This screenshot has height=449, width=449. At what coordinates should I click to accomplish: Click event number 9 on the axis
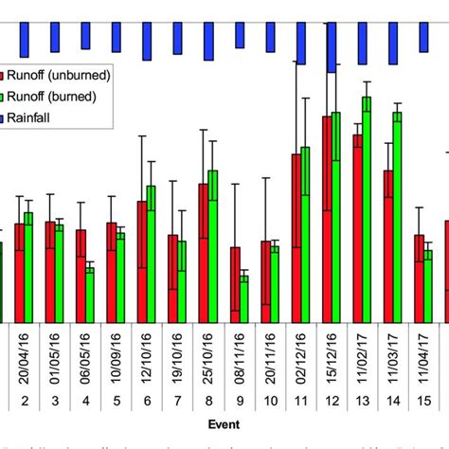coord(239,401)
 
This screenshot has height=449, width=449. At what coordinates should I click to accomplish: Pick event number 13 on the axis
coord(362,401)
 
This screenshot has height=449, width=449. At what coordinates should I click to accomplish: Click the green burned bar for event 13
coord(367,209)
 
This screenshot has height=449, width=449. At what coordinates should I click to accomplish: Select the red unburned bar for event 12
coord(327,219)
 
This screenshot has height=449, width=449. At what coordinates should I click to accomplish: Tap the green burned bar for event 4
coord(90,295)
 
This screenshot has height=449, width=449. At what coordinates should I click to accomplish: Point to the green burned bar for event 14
coord(397,218)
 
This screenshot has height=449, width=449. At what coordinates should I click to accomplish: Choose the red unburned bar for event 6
coord(142,261)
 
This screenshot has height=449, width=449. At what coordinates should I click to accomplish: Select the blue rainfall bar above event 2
coord(25,40)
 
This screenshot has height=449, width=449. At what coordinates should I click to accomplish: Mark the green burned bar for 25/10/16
coord(212,246)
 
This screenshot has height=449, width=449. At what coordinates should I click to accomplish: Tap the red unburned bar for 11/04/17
coord(419,278)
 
